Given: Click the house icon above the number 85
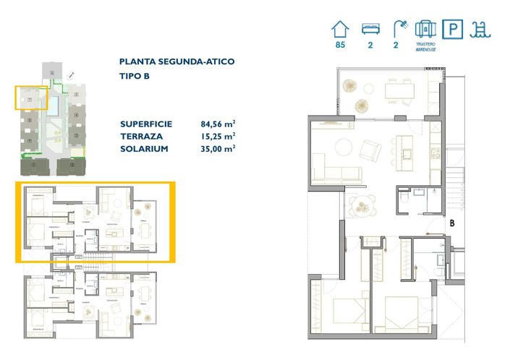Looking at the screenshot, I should (x=339, y=30).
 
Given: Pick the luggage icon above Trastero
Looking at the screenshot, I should (x=425, y=29).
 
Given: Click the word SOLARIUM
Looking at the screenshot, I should (x=144, y=148).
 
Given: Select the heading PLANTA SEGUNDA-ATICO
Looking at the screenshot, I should (x=177, y=62).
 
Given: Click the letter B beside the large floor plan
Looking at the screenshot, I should (x=451, y=223).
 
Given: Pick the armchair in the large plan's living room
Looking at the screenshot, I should (x=370, y=150).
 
